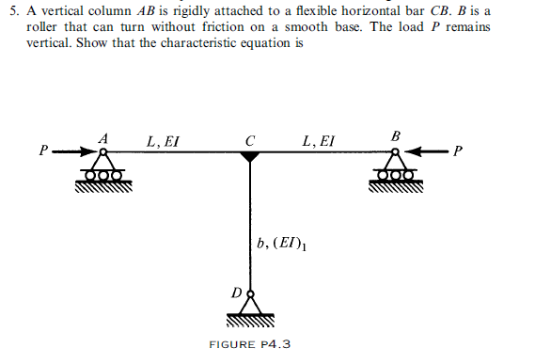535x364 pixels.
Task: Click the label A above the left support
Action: (x=104, y=138)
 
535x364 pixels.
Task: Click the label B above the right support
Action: (x=395, y=137)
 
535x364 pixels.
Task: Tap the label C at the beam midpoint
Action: (x=248, y=142)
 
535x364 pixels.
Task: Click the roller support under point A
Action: (x=104, y=171)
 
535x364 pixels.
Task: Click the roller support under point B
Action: (x=395, y=171)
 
